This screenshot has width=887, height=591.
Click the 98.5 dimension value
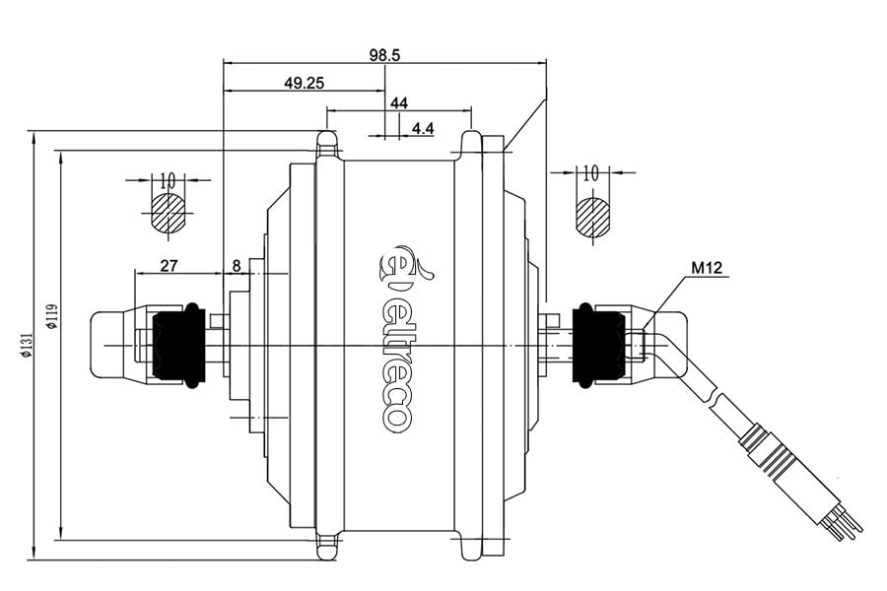tap(384, 55)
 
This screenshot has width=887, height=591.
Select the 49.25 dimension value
tap(305, 84)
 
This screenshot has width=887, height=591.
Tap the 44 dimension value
tap(399, 102)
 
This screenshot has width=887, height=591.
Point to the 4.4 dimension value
tap(424, 129)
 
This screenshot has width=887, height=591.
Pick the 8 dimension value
tap(237, 265)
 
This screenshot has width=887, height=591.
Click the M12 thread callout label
tap(707, 267)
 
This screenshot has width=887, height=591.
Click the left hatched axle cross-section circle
tap(169, 213)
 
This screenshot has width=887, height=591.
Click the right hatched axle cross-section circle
tap(592, 216)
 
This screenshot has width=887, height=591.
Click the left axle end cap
tap(116, 343)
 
